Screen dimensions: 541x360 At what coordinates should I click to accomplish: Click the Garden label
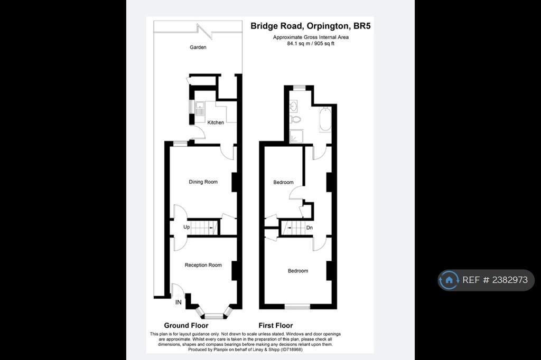pos(198,48)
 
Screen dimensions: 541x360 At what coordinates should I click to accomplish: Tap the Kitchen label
pos(216,122)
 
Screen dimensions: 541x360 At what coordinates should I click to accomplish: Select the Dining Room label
pos(203,182)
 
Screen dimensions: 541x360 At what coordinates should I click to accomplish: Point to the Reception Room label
pos(203,265)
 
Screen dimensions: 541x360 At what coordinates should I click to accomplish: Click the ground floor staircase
pos(204,228)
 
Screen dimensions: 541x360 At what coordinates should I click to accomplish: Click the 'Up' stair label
pos(186,228)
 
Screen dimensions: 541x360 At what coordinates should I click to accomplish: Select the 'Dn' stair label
pos(310,228)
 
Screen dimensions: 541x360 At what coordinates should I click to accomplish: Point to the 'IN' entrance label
pos(179,303)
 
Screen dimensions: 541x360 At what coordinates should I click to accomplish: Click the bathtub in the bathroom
pos(325,119)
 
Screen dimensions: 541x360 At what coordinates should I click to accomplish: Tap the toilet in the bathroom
pos(295,119)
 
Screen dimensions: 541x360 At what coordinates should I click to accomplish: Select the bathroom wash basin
pos(294,106)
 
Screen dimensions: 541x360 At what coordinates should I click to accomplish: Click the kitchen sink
pos(200,109)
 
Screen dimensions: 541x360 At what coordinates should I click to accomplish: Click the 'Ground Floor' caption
pos(186,326)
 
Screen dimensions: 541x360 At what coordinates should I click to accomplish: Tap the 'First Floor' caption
pos(275,326)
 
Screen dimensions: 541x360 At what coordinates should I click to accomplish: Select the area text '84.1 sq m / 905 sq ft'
pos(311,43)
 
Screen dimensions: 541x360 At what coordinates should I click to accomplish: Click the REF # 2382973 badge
pos(486,280)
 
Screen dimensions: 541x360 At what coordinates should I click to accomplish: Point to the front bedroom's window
pos(297,306)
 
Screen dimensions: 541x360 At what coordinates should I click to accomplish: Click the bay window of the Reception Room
pos(214,316)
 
